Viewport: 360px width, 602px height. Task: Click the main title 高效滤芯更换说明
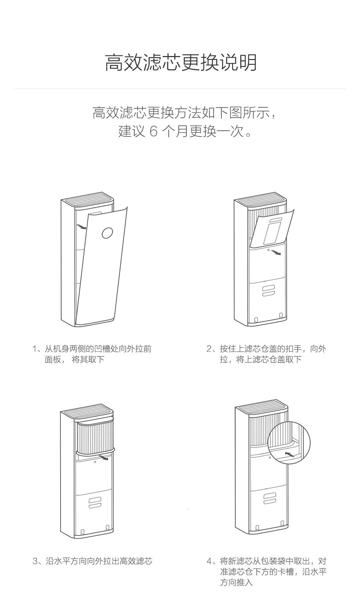click(180, 62)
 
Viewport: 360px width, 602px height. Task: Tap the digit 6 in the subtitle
click(153, 131)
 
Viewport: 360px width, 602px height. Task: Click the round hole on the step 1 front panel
click(107, 233)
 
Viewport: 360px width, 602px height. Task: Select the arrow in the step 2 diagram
click(275, 252)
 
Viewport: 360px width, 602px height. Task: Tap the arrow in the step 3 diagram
click(104, 458)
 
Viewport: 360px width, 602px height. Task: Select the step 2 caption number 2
click(209, 349)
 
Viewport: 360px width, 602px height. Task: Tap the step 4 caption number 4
click(209, 561)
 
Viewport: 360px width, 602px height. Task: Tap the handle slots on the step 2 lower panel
click(268, 290)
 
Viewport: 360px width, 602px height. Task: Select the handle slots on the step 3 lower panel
click(95, 502)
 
